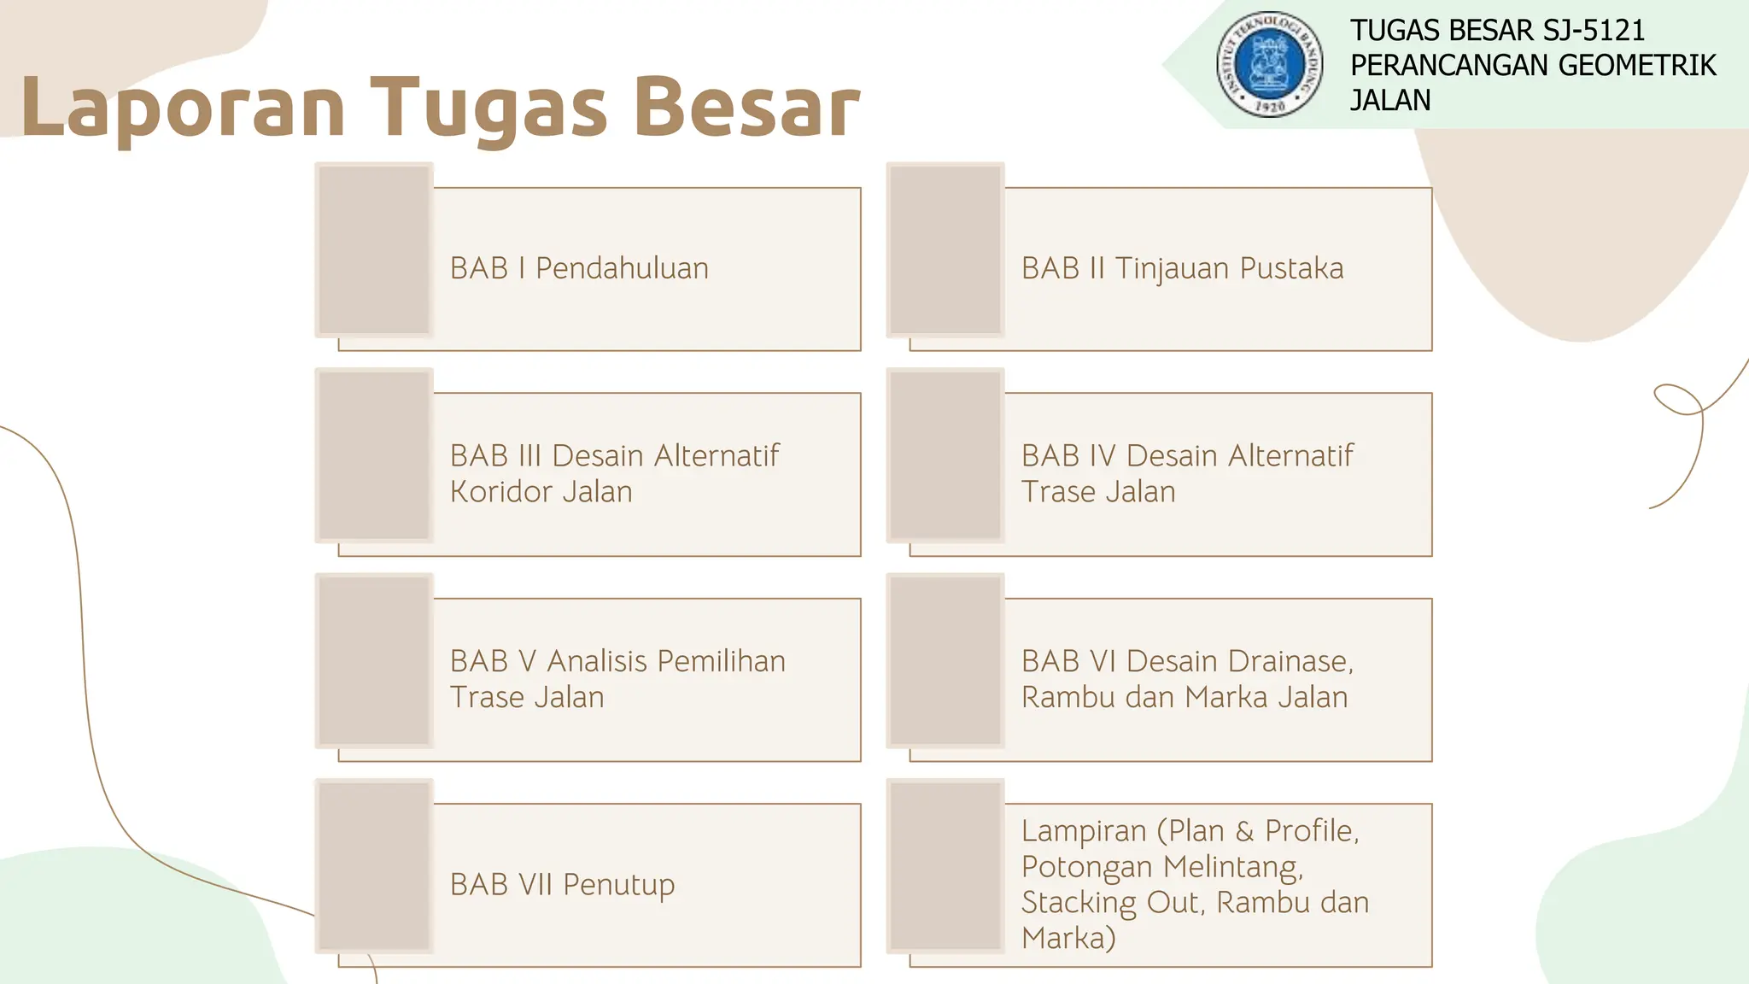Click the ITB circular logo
[1270, 64]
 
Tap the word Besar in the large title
[747, 108]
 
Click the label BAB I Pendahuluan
[579, 268]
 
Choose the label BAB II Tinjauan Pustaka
[1182, 268]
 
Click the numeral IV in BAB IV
[1102, 456]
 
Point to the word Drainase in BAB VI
[1289, 661]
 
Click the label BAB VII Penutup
[562, 884]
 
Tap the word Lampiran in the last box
[1084, 831]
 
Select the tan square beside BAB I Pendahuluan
[374, 249]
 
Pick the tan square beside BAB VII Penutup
[374, 866]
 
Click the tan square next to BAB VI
[945, 660]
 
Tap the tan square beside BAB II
[945, 249]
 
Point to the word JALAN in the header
[1389, 101]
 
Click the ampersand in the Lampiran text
[1244, 831]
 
